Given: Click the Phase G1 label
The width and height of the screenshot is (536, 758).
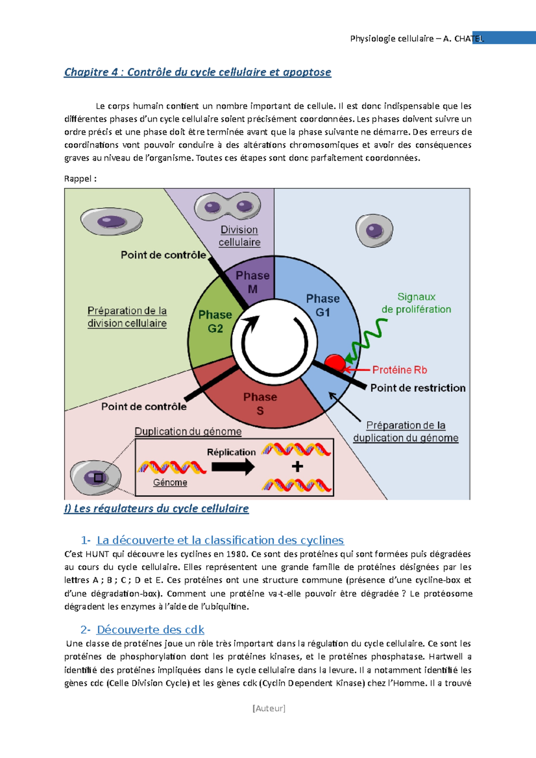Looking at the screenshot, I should tap(322, 305).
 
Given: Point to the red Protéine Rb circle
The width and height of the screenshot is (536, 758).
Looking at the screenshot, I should tap(335, 363).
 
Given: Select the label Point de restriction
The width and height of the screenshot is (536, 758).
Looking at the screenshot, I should tap(418, 388).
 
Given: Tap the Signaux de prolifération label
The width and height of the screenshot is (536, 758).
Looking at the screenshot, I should tap(416, 303).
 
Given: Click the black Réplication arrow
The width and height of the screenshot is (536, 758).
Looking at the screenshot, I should tap(233, 467).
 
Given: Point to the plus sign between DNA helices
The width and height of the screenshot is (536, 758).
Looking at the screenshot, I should tap(297, 466).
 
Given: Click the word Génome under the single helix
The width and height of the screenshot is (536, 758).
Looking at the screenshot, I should tap(170, 483).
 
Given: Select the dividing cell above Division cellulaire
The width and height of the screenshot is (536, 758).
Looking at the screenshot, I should tap(227, 206).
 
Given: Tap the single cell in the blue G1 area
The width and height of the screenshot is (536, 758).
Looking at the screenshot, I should tap(374, 230).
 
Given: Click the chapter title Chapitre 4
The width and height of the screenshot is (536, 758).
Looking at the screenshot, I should tap(197, 72).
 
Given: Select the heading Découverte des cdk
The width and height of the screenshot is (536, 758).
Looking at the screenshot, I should tap(150, 630).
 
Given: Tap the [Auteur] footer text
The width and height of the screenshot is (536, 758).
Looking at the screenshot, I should tap(269, 708).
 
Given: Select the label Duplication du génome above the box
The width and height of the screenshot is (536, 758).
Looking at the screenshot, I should tap(188, 432).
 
